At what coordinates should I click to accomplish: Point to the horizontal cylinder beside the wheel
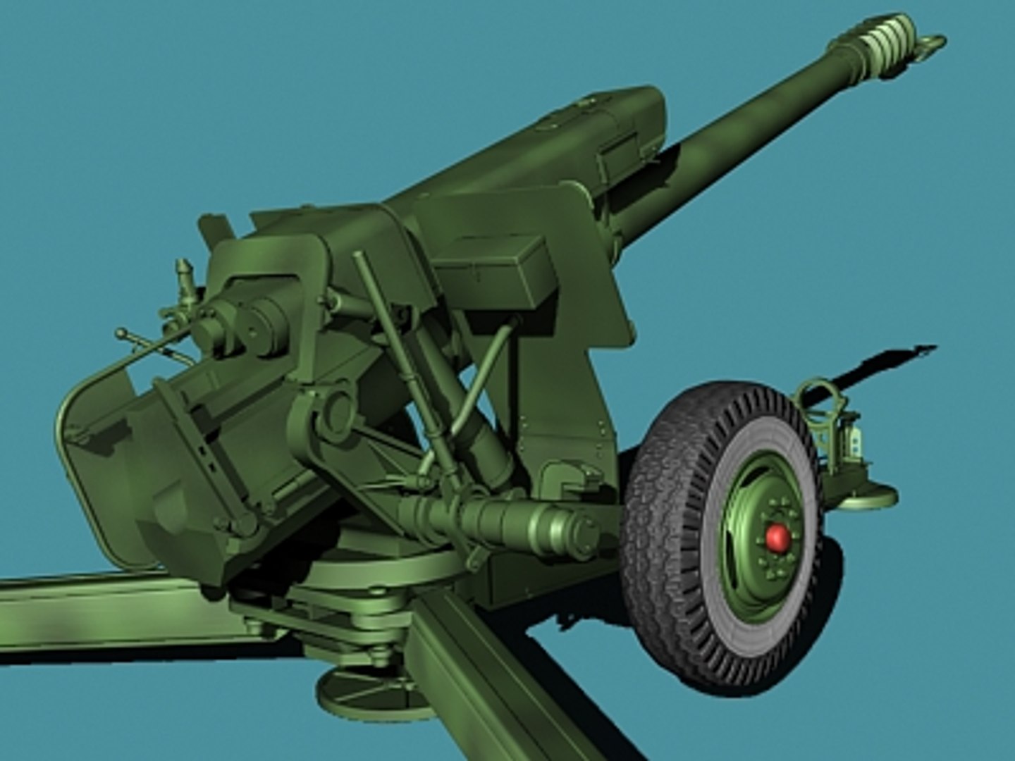click(508, 521)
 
